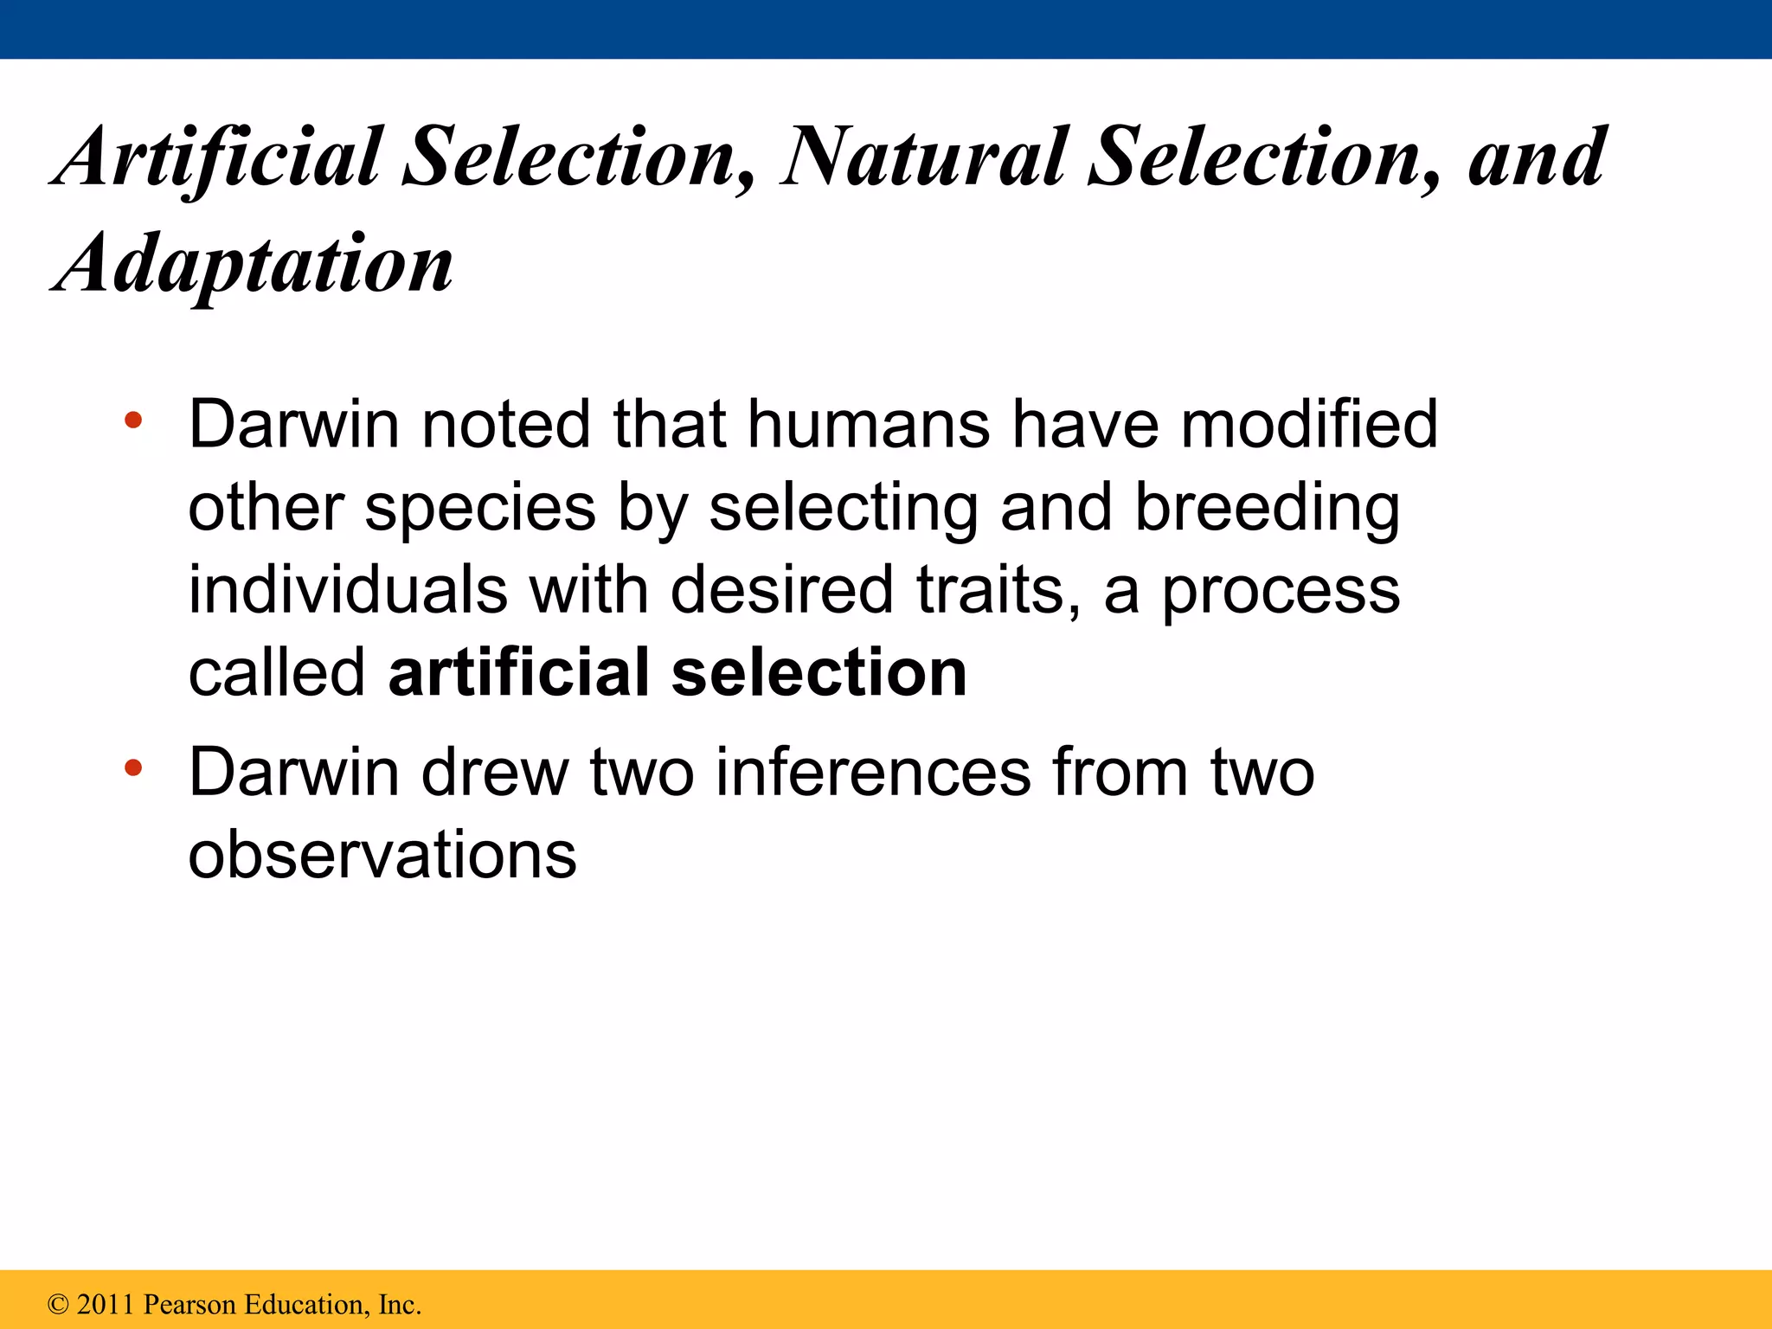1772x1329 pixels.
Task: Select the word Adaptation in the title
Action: pyautogui.click(x=253, y=265)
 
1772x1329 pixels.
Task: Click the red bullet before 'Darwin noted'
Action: pyautogui.click(x=132, y=421)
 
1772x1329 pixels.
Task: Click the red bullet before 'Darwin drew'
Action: pyautogui.click(x=132, y=767)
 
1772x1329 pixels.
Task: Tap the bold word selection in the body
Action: pyautogui.click(x=819, y=673)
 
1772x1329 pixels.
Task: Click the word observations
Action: pyautogui.click(x=382, y=855)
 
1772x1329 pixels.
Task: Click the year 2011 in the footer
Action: pyautogui.click(x=106, y=1304)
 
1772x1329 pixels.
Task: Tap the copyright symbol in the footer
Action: pyautogui.click(x=58, y=1305)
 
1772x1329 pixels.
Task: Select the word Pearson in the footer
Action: pyautogui.click(x=189, y=1304)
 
